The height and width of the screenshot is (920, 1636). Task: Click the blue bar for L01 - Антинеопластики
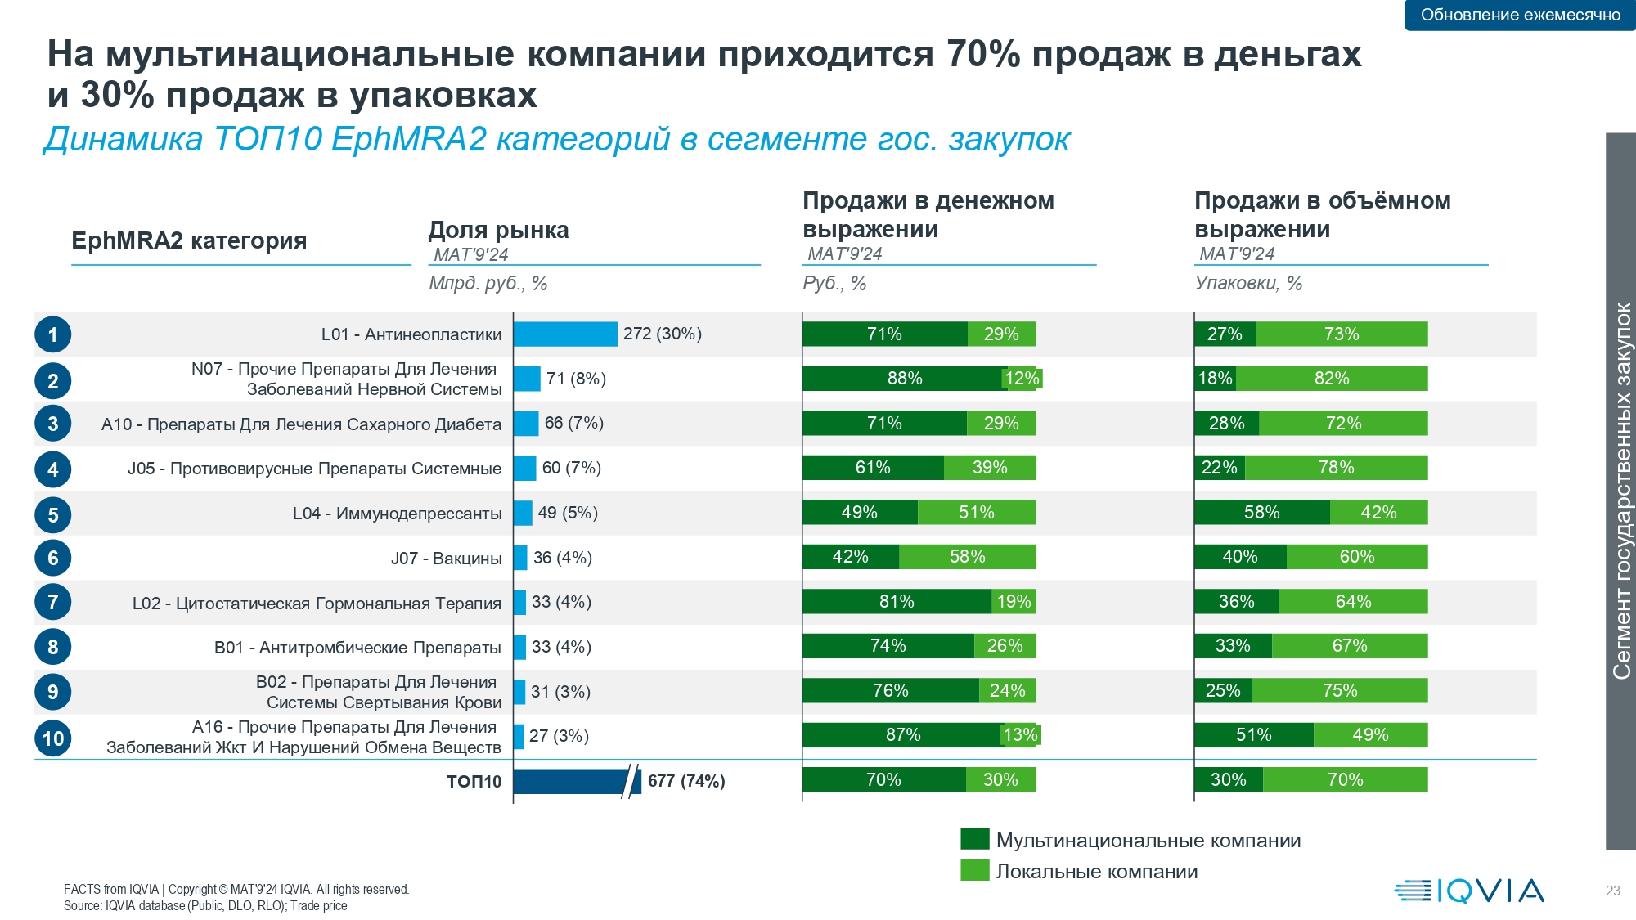(565, 334)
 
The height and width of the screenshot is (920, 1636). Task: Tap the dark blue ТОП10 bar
(577, 781)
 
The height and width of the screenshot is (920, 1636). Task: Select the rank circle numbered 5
(53, 515)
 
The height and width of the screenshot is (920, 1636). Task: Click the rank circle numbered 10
(53, 738)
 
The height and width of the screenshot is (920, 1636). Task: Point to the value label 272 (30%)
(663, 334)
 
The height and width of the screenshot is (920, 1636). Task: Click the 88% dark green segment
(904, 379)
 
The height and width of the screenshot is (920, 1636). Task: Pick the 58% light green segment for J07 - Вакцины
(968, 557)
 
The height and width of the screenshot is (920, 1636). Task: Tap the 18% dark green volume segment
(1215, 379)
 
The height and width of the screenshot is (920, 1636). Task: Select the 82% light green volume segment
(1332, 379)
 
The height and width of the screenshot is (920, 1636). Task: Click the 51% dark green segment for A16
(1254, 735)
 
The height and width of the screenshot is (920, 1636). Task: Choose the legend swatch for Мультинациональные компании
(975, 839)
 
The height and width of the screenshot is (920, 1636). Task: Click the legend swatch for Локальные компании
(975, 870)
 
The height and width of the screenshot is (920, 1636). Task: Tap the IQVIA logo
(1469, 891)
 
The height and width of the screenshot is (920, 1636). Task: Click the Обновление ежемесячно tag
(1520, 15)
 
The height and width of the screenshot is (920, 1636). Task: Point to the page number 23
(1613, 891)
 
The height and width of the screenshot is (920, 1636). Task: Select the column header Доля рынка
(498, 230)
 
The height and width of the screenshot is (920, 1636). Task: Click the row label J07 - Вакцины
(447, 559)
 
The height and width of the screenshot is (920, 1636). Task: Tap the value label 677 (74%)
(686, 781)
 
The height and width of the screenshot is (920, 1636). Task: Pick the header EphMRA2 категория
(189, 240)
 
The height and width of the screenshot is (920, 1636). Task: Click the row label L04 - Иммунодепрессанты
(398, 514)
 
